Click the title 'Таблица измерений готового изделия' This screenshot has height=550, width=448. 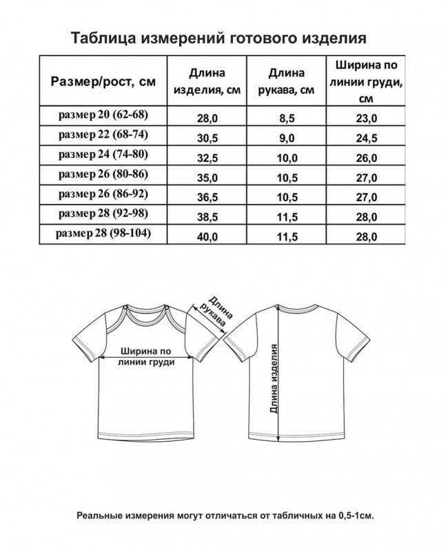224,37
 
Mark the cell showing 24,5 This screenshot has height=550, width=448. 365,139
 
